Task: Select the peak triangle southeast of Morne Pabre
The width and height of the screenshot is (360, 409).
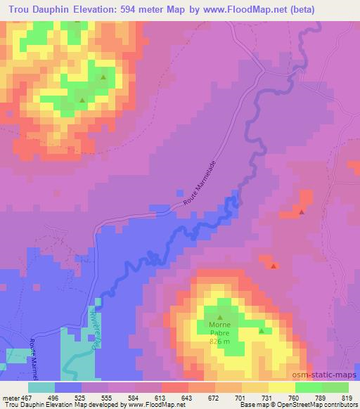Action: click(x=262, y=330)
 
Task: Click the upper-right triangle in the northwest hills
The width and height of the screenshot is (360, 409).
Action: click(x=103, y=78)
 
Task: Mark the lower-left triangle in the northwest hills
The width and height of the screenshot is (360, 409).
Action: click(x=82, y=100)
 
